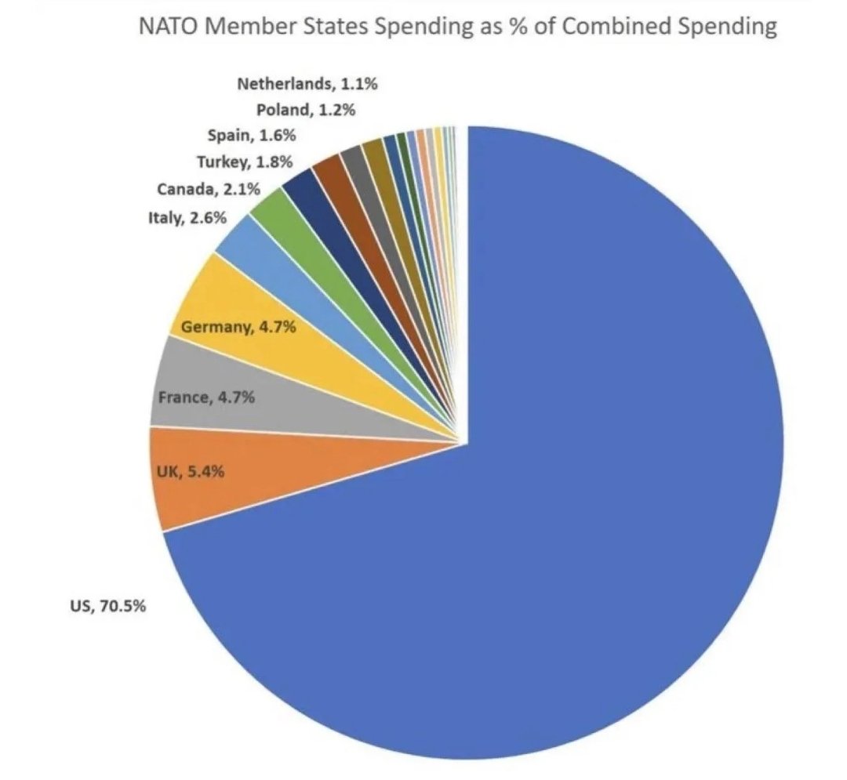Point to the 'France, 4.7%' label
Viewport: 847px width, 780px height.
tap(206, 397)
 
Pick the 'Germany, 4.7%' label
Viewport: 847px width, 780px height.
tap(238, 327)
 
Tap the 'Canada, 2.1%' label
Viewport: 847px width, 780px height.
tap(208, 189)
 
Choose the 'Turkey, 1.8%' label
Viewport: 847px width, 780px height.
tap(244, 162)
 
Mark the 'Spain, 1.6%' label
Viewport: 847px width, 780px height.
tap(252, 136)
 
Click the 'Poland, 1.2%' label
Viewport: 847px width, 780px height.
tap(306, 110)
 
